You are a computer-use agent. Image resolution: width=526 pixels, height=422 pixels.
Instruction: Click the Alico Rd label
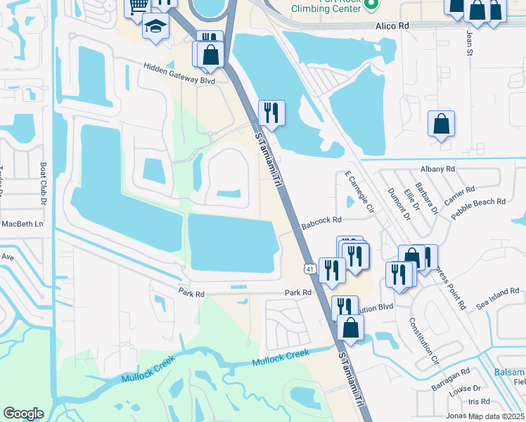[392, 25]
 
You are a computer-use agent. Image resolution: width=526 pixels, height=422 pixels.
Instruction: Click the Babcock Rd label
[321, 223]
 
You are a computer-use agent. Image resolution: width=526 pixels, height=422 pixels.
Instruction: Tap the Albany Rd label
[437, 170]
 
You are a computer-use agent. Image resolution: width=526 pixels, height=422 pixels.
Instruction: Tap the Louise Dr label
[466, 388]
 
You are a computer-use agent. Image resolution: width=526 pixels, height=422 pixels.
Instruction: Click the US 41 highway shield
[309, 268]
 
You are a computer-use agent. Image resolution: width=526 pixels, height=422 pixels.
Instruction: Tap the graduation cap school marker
[155, 27]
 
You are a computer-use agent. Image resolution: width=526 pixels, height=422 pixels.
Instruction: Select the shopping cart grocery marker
[139, 6]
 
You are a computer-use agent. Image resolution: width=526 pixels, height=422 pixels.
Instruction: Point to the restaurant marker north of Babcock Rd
[271, 112]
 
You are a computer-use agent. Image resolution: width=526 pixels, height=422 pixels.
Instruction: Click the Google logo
[23, 414]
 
